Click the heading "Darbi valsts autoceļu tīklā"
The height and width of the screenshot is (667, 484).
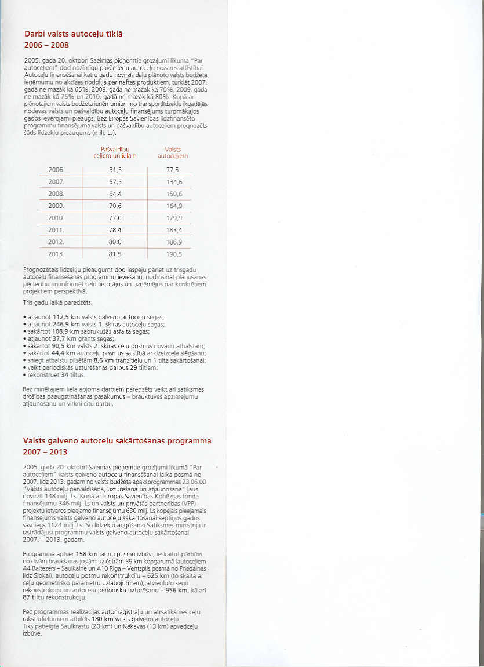[73, 34]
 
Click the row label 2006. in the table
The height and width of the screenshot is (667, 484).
[56, 170]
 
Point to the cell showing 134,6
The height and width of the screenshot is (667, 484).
[174, 182]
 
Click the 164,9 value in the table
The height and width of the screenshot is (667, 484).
[174, 206]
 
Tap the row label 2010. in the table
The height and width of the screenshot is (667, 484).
[56, 218]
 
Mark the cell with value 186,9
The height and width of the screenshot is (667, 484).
[174, 242]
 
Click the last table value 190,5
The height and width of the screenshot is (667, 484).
[174, 254]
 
